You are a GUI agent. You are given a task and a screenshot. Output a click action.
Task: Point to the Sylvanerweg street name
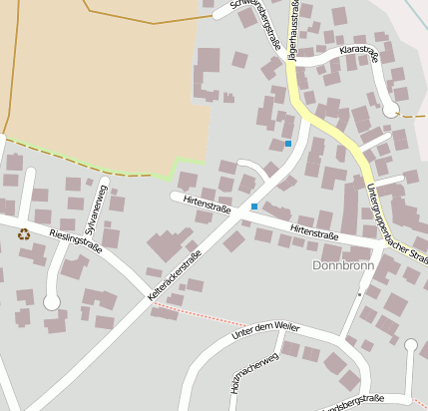click(96, 209)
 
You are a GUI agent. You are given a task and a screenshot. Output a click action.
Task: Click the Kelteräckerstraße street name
click(175, 275)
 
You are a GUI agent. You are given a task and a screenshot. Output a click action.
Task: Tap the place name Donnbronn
click(343, 266)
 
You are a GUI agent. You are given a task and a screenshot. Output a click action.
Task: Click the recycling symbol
click(23, 234)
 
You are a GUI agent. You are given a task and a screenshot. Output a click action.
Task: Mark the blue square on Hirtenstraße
click(254, 206)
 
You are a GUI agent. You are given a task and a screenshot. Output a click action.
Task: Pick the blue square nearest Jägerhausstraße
click(288, 144)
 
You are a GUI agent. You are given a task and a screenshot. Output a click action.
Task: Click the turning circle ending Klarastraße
click(390, 109)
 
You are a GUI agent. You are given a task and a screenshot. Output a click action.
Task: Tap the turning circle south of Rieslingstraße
click(52, 301)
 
